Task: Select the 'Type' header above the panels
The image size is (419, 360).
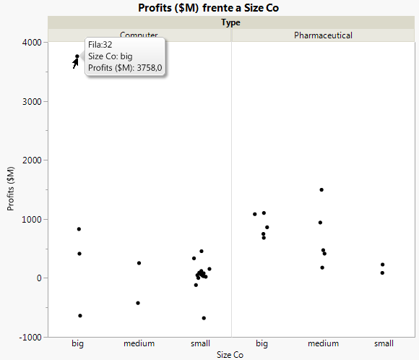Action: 231,22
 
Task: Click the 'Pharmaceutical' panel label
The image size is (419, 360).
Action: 323,35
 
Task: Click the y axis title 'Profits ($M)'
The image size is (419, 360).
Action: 11,189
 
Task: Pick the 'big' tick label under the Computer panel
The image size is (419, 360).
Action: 78,343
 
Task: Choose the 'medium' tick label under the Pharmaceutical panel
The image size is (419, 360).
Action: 323,343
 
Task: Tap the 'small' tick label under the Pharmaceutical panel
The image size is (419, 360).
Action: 384,343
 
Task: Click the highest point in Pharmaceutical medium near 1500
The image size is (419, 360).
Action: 321,189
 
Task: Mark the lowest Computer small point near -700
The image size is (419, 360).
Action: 204,318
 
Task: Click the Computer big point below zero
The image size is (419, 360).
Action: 79,316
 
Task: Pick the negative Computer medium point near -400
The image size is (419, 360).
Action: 138,303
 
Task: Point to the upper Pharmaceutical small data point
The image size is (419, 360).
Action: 382,265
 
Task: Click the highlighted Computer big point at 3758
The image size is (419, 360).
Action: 77,56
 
